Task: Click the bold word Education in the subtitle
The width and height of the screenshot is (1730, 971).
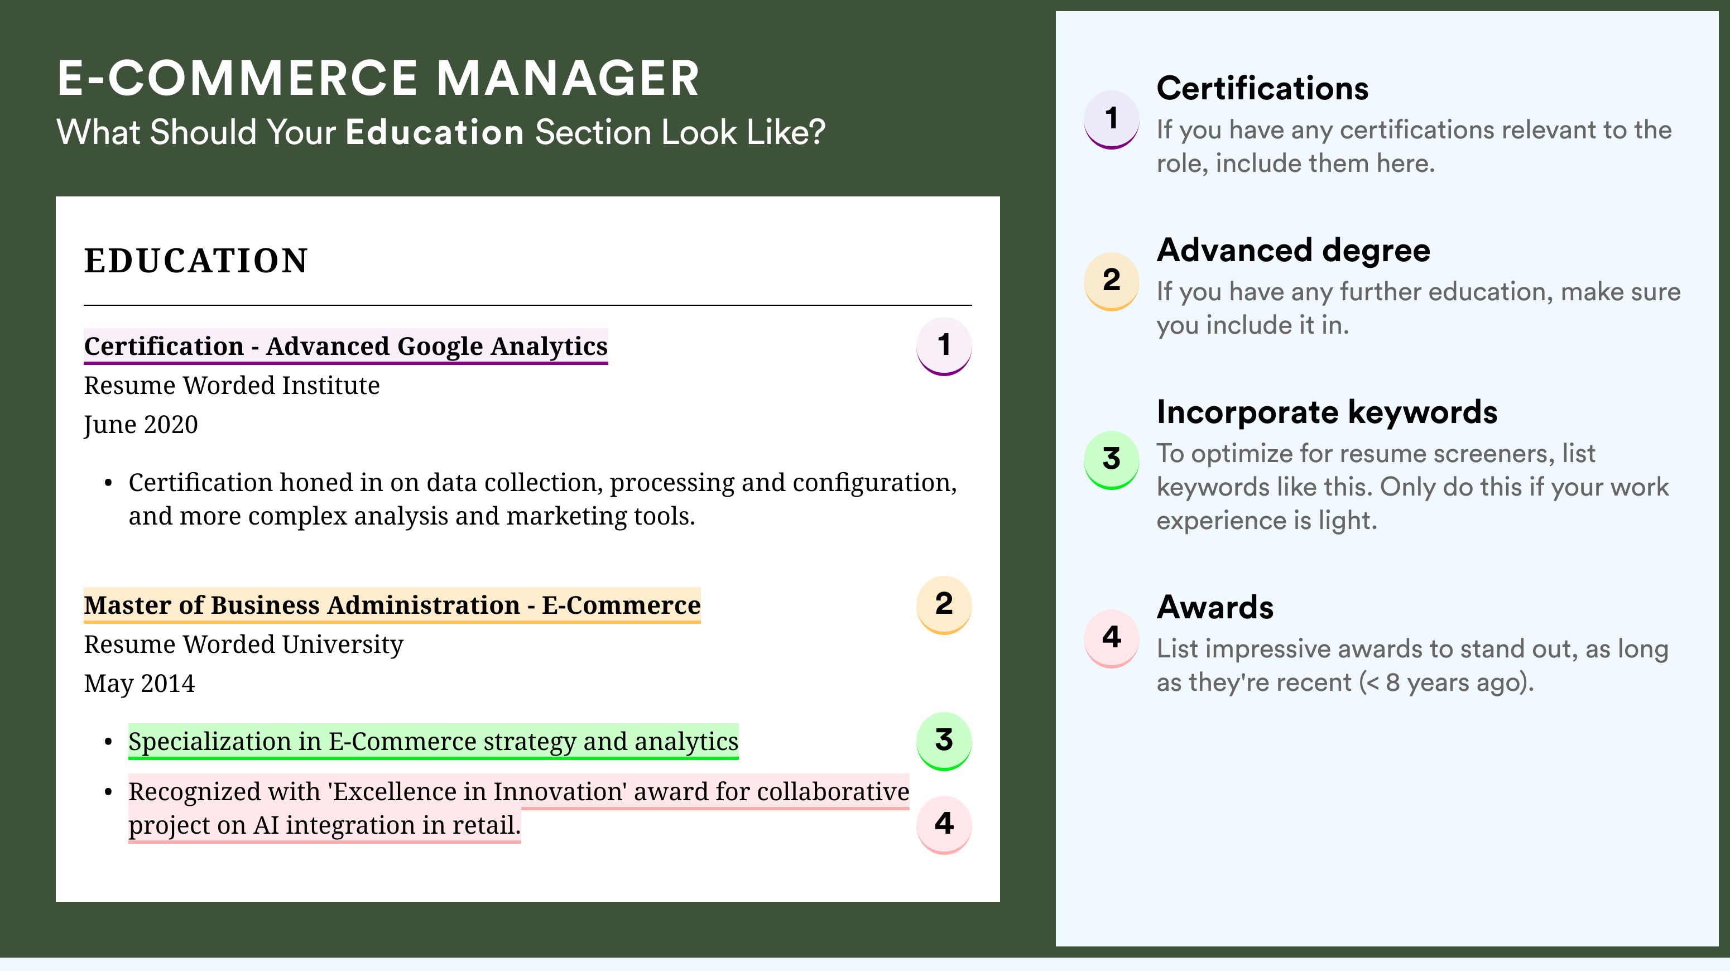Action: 435,132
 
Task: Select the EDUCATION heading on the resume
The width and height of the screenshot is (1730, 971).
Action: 195,261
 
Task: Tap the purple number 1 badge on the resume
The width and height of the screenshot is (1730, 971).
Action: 944,346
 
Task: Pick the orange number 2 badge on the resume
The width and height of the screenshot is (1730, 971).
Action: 944,605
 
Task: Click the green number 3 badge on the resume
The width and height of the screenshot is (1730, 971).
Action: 944,741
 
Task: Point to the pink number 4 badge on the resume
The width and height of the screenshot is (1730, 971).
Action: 944,825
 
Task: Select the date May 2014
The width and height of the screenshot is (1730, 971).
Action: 140,684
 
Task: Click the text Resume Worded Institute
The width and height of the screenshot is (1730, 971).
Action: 232,386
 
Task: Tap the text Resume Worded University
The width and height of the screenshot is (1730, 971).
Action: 244,645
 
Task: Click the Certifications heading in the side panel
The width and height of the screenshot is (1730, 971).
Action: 1262,88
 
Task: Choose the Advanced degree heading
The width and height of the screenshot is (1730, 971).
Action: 1294,251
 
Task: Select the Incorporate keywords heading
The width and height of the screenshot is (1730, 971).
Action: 1327,412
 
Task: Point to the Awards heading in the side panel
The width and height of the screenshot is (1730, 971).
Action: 1215,607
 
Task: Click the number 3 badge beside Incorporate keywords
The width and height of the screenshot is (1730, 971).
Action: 1112,460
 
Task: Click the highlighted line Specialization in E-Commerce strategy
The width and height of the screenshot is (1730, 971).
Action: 433,741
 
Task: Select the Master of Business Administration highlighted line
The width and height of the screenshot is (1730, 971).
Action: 392,605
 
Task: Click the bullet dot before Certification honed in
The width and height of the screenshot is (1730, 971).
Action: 108,483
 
